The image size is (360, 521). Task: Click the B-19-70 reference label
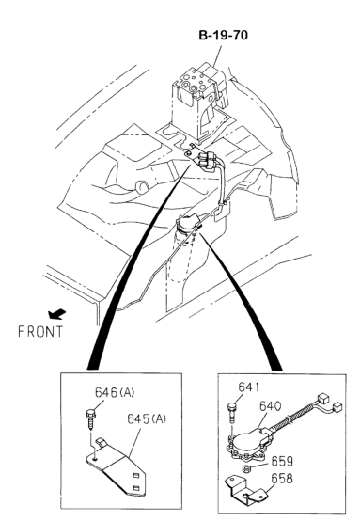tap(223, 35)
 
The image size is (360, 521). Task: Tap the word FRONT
tap(40, 332)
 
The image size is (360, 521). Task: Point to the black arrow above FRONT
tap(56, 314)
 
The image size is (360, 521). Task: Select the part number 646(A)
tap(115, 392)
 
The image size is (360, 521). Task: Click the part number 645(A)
tap(147, 419)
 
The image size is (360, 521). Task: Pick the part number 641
tap(249, 387)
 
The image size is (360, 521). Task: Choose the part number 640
tap(270, 406)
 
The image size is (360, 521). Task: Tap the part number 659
tap(282, 461)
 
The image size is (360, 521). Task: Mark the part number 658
tap(282, 478)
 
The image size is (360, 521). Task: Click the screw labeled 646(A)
tap(90, 419)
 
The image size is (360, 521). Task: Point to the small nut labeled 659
tap(246, 469)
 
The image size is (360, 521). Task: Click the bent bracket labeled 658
tap(247, 490)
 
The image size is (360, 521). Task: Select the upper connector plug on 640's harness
tap(322, 399)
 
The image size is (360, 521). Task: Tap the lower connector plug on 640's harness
tap(337, 407)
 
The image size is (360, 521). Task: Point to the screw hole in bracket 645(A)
tap(95, 459)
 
